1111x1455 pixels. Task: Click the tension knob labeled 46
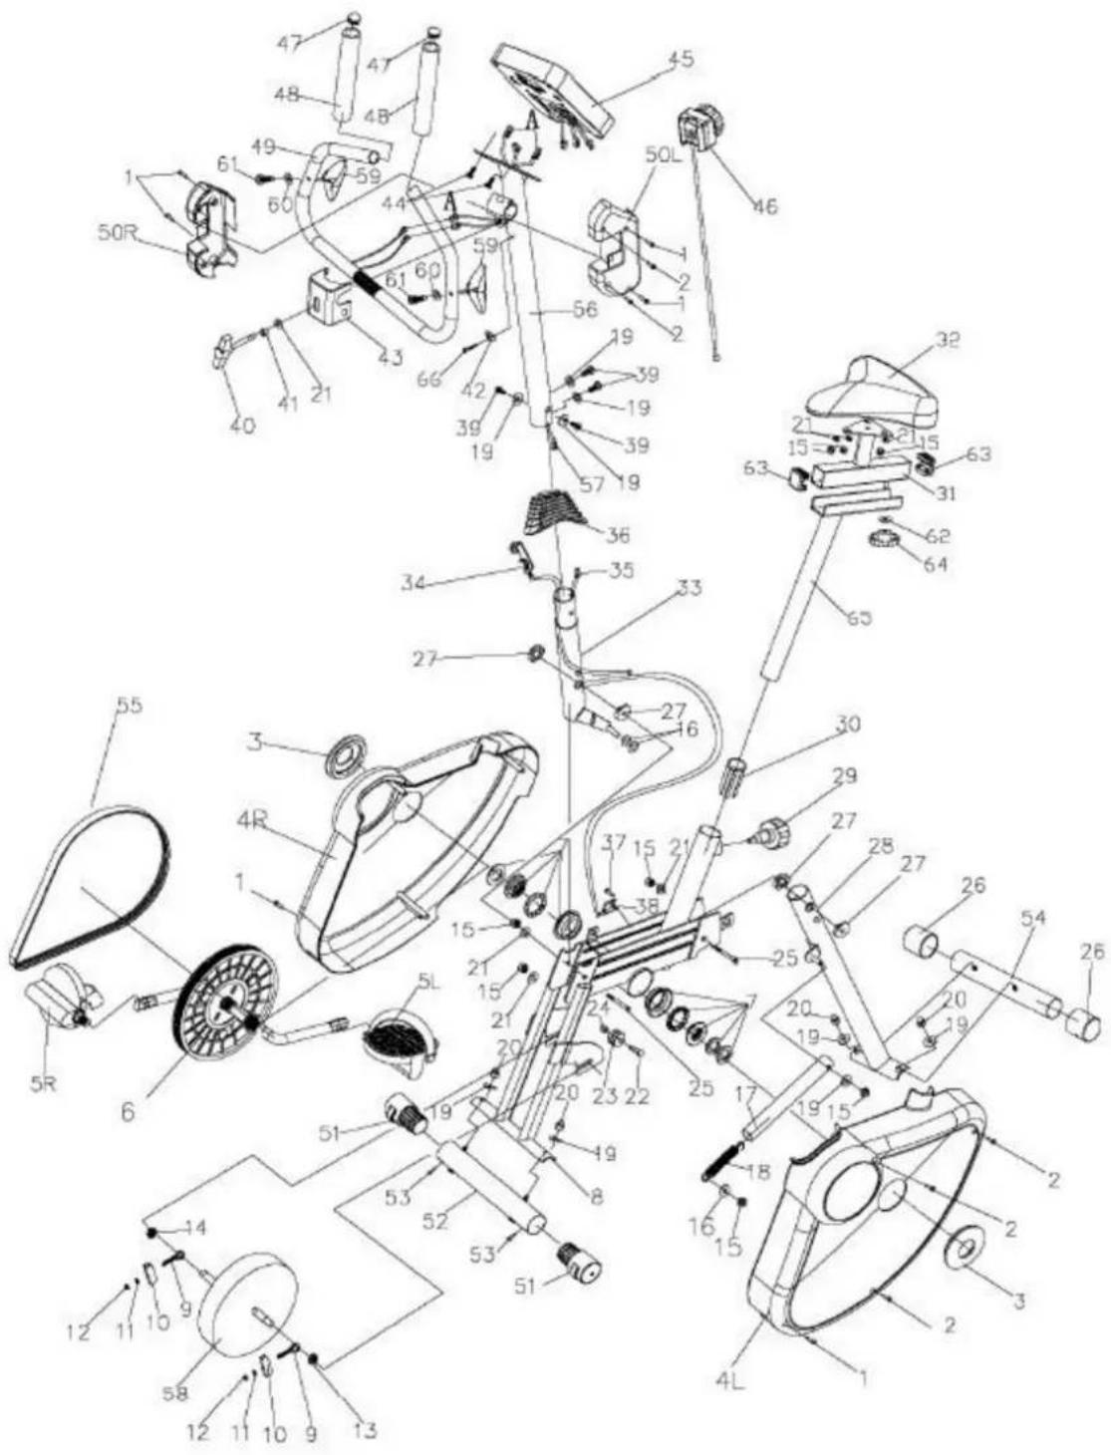(x=698, y=130)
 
